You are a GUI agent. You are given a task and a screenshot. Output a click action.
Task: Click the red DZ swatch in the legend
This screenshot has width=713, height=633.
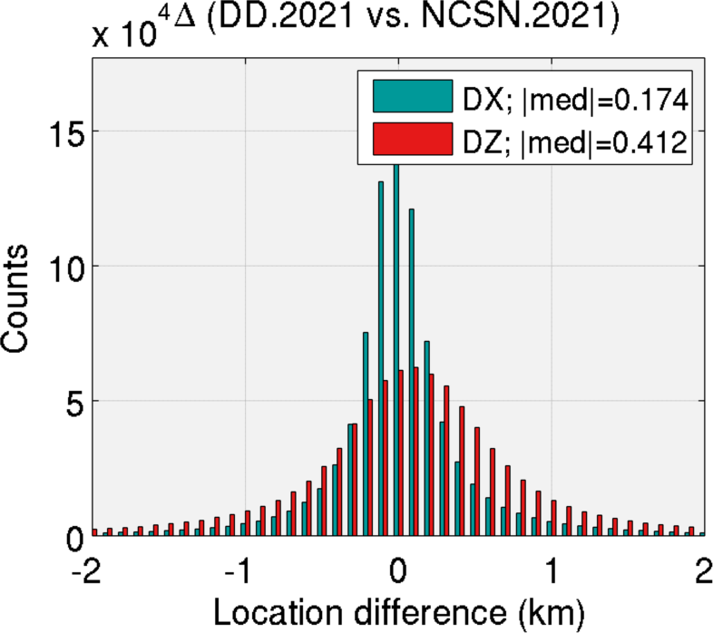point(413,141)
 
